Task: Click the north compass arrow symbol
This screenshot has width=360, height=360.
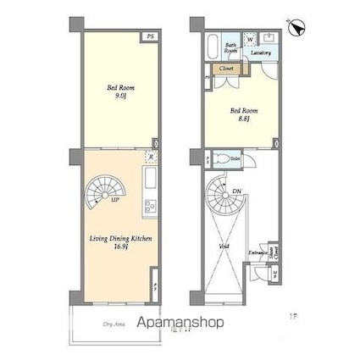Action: [296, 28]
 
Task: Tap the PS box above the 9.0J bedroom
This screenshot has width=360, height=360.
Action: [149, 37]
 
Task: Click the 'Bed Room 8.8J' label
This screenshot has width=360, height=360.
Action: [241, 114]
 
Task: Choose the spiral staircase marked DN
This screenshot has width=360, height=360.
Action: [224, 201]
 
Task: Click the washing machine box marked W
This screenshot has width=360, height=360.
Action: [252, 39]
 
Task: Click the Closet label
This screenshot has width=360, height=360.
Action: [226, 67]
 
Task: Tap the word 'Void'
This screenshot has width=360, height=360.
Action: [224, 247]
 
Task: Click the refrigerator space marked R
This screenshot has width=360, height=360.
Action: [149, 157]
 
